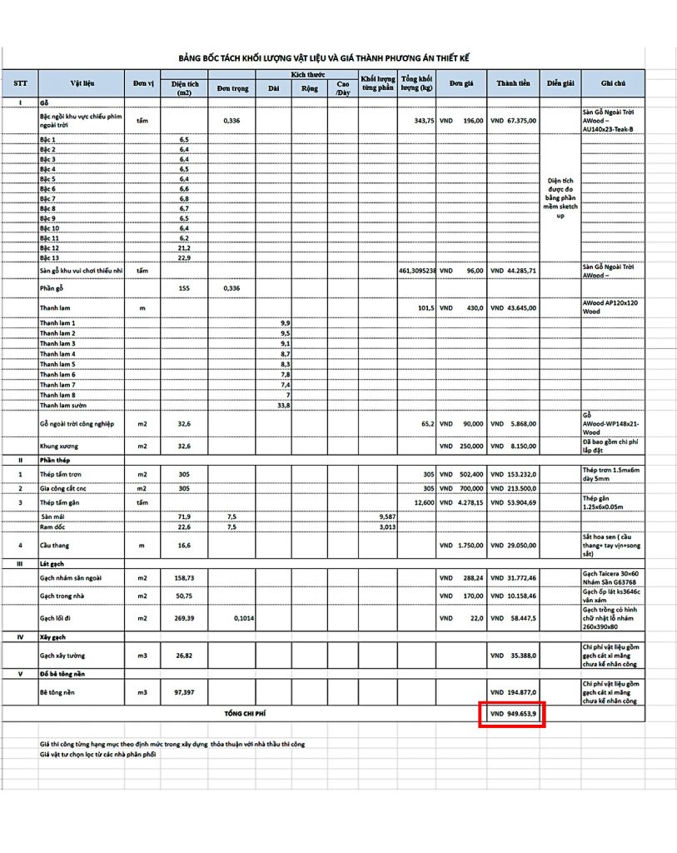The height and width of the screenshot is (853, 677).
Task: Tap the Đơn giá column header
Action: click(461, 83)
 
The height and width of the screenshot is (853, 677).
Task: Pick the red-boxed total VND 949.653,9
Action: click(512, 715)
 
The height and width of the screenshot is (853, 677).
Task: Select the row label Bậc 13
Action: click(50, 258)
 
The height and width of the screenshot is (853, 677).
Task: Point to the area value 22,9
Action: click(184, 258)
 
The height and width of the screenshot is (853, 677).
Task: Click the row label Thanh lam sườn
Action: click(62, 406)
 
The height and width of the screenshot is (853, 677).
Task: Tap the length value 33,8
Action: click(283, 406)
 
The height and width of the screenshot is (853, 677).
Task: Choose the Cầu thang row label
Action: click(56, 546)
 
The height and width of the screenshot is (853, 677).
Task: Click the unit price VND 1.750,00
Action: click(461, 546)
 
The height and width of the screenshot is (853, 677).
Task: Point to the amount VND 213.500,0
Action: click(513, 488)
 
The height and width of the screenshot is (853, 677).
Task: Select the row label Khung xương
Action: click(59, 446)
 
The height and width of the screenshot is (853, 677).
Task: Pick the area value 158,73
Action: click(184, 576)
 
